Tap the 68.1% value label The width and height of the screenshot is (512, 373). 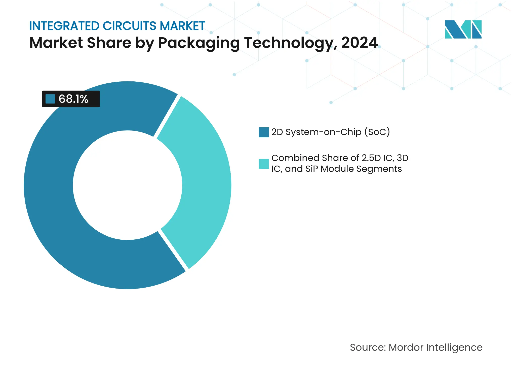pos(73,99)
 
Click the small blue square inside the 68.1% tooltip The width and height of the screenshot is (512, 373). pos(50,99)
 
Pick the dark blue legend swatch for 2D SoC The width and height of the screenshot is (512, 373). pos(264,132)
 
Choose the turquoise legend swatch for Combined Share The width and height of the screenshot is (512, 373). pos(264,164)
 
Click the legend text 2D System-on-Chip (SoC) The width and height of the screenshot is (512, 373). pos(331,132)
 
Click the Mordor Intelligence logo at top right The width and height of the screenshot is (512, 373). pos(463,29)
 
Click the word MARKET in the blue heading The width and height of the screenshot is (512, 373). pos(182,26)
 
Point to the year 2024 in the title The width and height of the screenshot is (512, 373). pos(359,43)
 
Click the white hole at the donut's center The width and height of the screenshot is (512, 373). pos(128,185)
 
